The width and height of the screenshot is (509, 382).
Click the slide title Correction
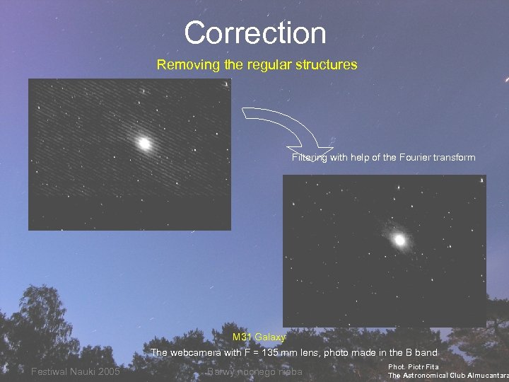coord(255,33)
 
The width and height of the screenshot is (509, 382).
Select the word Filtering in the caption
coord(309,158)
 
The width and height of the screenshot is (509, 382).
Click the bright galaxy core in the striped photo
coord(145,144)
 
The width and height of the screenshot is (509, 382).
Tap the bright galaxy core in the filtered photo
coord(399,240)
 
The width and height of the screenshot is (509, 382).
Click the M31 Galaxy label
coord(259,337)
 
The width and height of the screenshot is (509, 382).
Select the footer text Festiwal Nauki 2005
coord(76,372)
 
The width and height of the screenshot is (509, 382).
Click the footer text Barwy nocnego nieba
coord(255,372)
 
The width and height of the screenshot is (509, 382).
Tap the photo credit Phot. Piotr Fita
coord(414,367)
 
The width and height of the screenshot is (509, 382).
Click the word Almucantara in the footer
coord(484,376)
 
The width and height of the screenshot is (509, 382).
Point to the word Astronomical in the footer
coord(431,376)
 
